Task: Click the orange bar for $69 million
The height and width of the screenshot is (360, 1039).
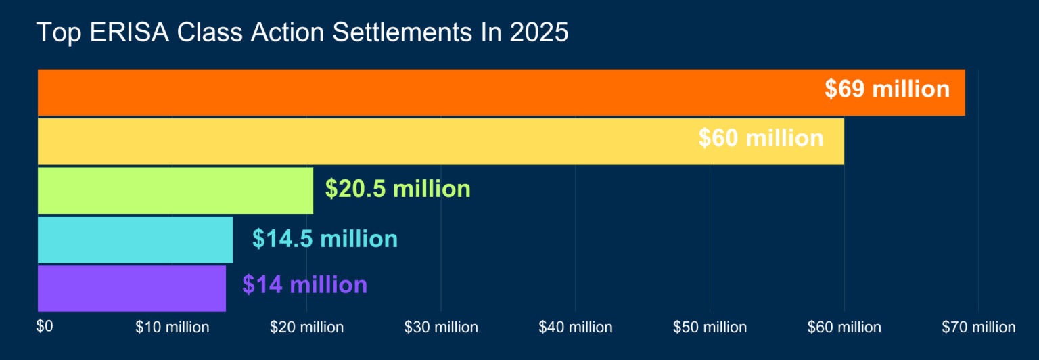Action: tap(433, 92)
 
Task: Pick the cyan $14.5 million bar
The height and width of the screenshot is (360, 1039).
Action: tap(135, 240)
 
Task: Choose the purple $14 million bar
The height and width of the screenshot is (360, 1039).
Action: tap(131, 288)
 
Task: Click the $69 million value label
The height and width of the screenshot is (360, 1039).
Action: tap(887, 89)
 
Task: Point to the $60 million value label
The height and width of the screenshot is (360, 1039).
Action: tap(760, 139)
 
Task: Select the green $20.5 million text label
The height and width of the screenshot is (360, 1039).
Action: tap(397, 189)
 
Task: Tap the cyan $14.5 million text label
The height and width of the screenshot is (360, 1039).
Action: tap(325, 239)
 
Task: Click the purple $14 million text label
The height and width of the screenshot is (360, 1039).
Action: tap(304, 285)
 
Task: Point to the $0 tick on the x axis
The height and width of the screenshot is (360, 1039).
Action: tap(44, 327)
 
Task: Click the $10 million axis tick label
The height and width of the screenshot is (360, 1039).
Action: tap(172, 328)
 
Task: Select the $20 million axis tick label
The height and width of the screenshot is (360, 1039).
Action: tap(306, 328)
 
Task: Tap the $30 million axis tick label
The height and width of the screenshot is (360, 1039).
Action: tap(441, 328)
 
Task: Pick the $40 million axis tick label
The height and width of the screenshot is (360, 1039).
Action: tap(575, 328)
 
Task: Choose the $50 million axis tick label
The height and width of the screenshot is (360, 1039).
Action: tap(710, 328)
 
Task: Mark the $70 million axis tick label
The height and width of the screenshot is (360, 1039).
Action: tap(978, 328)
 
